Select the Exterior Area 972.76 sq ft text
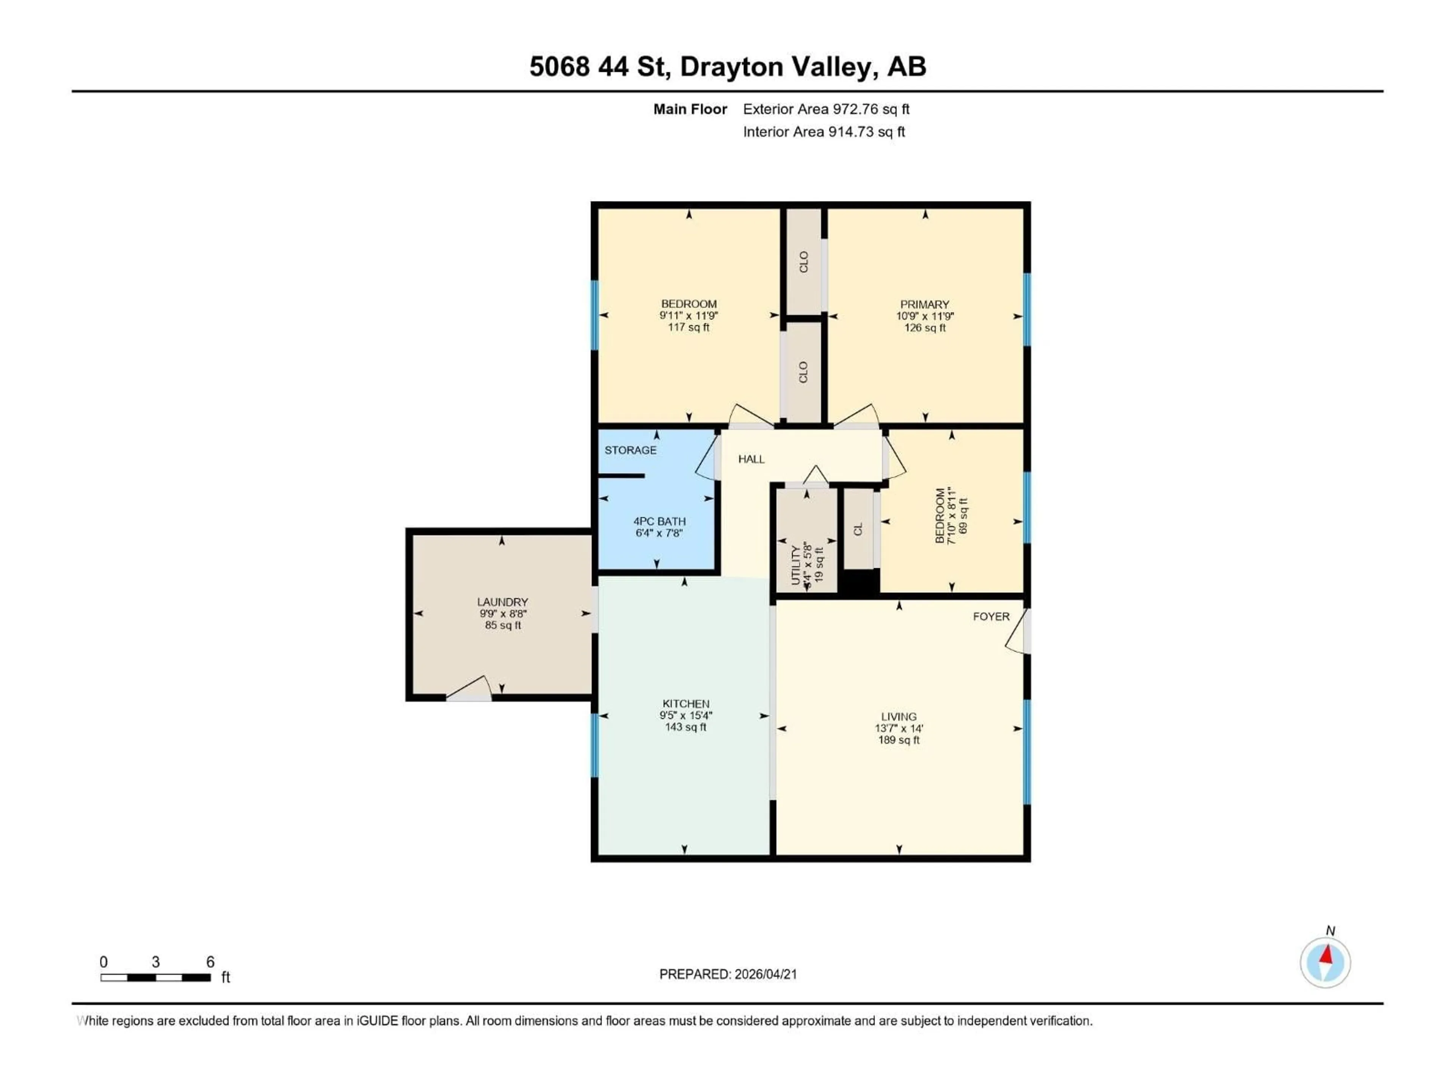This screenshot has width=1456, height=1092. click(x=826, y=109)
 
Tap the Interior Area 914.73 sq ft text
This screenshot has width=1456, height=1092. click(x=824, y=132)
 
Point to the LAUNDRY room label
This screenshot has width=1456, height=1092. click(x=502, y=602)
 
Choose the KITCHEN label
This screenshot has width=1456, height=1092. click(x=685, y=704)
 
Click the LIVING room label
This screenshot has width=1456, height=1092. click(x=899, y=717)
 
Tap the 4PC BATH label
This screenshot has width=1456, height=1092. click(x=659, y=521)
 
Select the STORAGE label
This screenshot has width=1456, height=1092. click(x=630, y=450)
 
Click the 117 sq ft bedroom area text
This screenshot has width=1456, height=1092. click(x=689, y=327)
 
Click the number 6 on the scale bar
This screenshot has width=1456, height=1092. click(x=210, y=962)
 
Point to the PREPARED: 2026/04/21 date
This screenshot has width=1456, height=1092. click(x=728, y=974)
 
